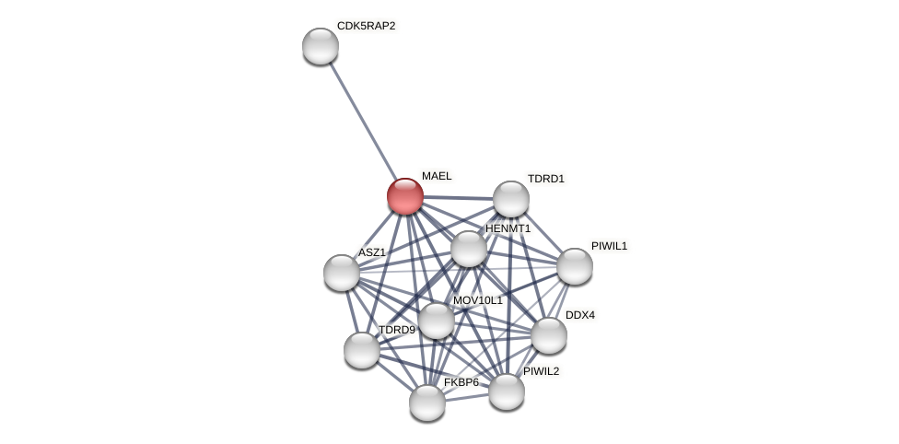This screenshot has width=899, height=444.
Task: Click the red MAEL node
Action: point(405,196)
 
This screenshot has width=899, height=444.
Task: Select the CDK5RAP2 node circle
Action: point(321,46)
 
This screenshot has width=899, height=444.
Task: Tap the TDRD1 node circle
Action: point(511,199)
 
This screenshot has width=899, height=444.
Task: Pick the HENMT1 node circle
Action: point(469,249)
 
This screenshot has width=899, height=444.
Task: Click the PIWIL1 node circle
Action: point(575,266)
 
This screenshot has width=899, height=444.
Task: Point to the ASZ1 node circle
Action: point(342,273)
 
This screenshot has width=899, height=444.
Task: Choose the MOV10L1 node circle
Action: point(437,321)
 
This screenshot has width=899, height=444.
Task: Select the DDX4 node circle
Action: point(549,335)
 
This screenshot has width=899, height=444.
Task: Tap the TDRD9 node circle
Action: point(362,350)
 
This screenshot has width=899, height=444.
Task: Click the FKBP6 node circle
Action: point(427,403)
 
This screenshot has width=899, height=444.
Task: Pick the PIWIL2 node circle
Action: point(507,391)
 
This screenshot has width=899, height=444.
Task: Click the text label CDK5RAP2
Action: point(366,26)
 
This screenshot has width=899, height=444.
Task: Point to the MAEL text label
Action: point(437,176)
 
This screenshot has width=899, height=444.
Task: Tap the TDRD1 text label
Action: point(545,179)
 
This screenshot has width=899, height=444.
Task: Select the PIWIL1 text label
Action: point(609,246)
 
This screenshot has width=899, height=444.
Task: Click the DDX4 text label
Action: point(579,315)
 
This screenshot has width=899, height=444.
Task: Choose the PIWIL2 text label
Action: point(541,371)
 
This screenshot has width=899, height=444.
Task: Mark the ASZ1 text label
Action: point(372,252)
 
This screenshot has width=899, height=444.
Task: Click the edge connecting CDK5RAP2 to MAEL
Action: point(363,121)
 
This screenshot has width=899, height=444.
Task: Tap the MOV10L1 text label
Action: point(477,300)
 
